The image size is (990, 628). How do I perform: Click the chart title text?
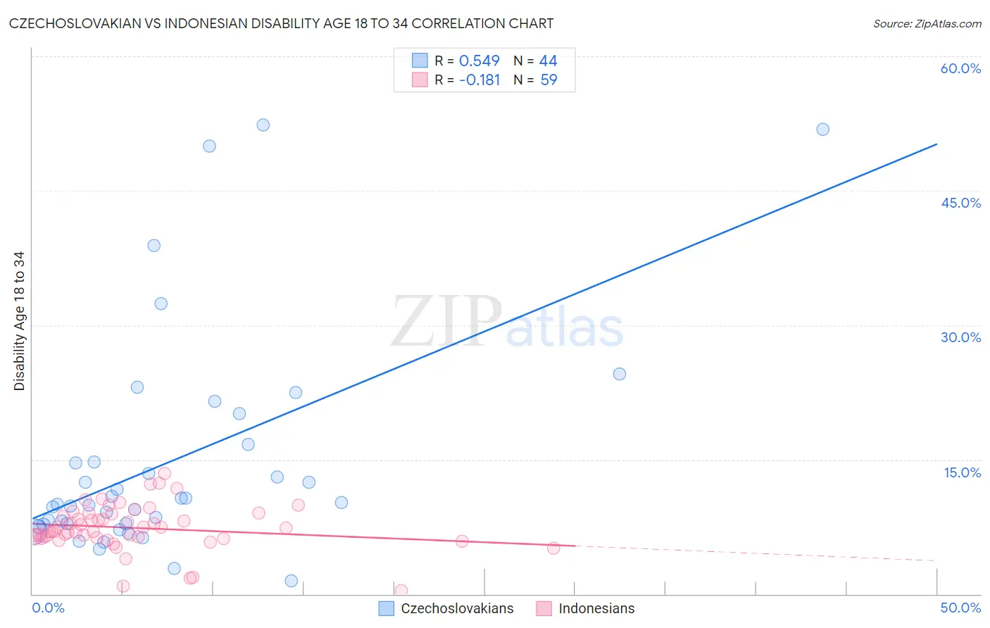[x=281, y=23]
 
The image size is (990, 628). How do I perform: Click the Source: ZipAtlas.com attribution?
[x=927, y=23]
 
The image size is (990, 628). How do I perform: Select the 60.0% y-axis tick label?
[x=960, y=68]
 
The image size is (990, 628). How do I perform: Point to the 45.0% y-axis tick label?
[x=960, y=203]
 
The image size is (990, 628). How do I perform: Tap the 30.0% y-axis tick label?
[x=960, y=337]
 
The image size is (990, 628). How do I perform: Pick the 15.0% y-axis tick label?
[x=962, y=472]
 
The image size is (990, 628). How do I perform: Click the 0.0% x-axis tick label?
[x=48, y=608]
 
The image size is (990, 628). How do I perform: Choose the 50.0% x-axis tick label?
[x=960, y=608]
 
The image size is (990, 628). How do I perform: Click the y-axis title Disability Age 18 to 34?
[x=19, y=321]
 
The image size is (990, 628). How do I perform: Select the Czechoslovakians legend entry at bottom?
[x=446, y=608]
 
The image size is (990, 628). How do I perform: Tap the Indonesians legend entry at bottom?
[x=586, y=608]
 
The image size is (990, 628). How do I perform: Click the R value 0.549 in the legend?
[x=479, y=61]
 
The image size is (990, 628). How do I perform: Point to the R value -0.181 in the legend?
[x=479, y=80]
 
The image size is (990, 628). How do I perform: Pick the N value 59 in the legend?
[x=549, y=80]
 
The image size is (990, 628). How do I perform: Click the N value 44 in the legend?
[x=548, y=61]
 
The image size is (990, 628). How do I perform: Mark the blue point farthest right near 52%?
[x=822, y=130]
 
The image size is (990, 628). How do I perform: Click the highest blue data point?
[x=263, y=125]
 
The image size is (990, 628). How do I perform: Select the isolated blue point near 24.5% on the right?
[x=620, y=374]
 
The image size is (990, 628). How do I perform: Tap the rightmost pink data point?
[x=553, y=548]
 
